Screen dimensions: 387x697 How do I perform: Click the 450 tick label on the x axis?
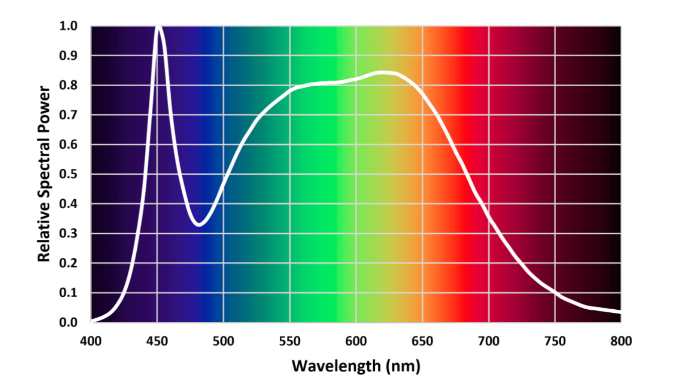(x=157, y=341)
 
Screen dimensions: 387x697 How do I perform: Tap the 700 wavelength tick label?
(x=489, y=341)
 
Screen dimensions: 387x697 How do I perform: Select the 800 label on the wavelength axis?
(x=621, y=341)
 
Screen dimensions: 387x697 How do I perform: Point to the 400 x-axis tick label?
(x=91, y=341)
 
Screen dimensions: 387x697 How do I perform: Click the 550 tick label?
(x=290, y=341)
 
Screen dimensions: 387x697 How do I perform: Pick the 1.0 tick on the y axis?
(x=68, y=26)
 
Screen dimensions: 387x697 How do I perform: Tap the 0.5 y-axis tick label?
(x=68, y=174)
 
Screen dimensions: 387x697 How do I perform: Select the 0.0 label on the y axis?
(x=68, y=322)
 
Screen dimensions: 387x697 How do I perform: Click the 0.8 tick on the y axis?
(x=68, y=85)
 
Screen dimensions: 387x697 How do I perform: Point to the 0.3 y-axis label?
(x=68, y=233)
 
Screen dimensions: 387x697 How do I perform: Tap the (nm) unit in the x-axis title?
(x=403, y=366)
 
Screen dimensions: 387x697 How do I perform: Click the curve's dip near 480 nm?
(x=199, y=224)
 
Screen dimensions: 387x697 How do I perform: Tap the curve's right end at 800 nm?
(x=620, y=311)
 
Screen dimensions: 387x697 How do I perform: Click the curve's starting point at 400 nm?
(x=92, y=321)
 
